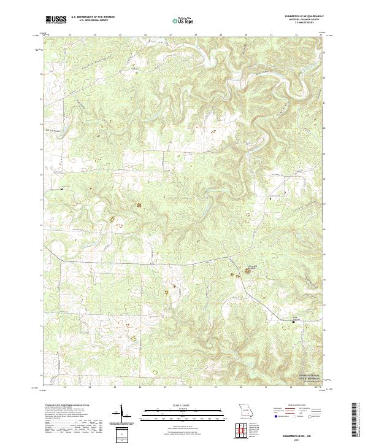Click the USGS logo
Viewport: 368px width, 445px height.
[x=56, y=20]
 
